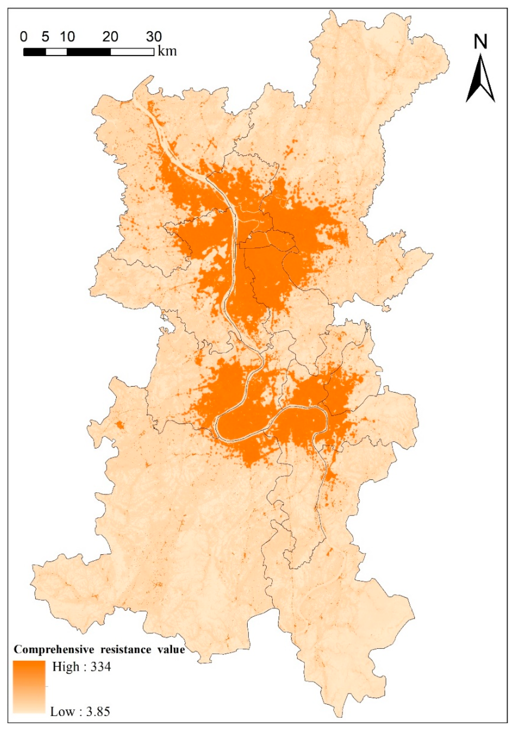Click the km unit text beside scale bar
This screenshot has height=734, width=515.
[167, 51]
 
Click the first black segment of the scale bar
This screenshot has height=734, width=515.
[34, 52]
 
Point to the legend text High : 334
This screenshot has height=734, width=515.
[82, 667]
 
